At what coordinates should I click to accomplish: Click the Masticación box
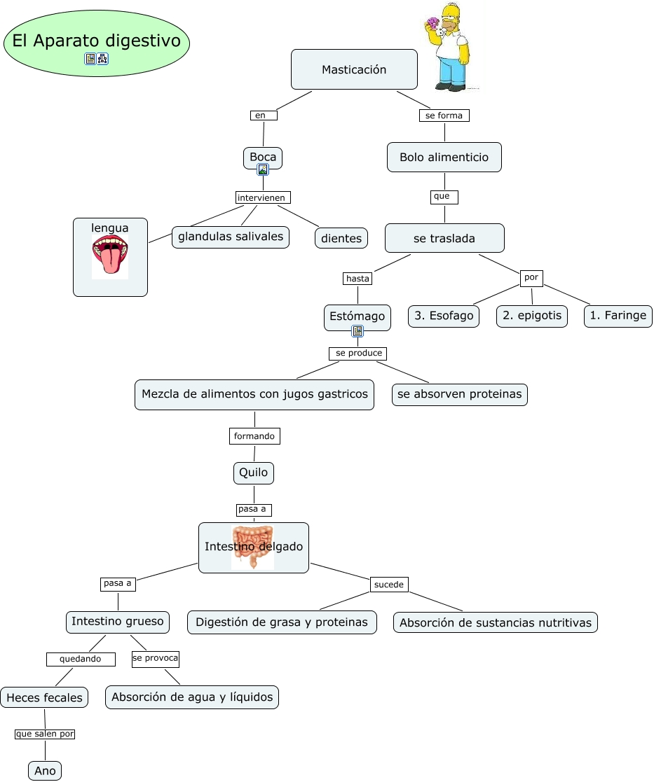click(x=354, y=69)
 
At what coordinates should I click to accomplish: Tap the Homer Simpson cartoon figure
click(x=449, y=47)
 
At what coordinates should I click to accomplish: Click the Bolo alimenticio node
click(x=444, y=158)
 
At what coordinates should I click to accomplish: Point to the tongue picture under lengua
click(x=110, y=258)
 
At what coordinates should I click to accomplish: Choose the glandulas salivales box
click(x=231, y=237)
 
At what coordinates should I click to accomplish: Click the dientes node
click(x=341, y=238)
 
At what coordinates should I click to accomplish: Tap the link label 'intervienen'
click(x=262, y=197)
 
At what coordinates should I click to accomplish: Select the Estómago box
click(x=357, y=316)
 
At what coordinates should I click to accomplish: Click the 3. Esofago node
click(x=444, y=316)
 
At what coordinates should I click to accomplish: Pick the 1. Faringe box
click(x=618, y=316)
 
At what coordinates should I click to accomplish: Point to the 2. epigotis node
click(x=532, y=316)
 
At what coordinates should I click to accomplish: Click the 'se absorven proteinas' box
click(x=459, y=394)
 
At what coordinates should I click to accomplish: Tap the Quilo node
click(x=253, y=473)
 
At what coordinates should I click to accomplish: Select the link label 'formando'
click(x=254, y=436)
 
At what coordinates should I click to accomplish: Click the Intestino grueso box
click(x=118, y=621)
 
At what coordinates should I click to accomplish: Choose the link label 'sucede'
click(x=388, y=584)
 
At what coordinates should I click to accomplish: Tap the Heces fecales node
click(x=44, y=697)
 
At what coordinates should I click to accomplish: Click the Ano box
click(x=45, y=771)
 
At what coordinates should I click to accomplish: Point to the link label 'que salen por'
click(x=45, y=734)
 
